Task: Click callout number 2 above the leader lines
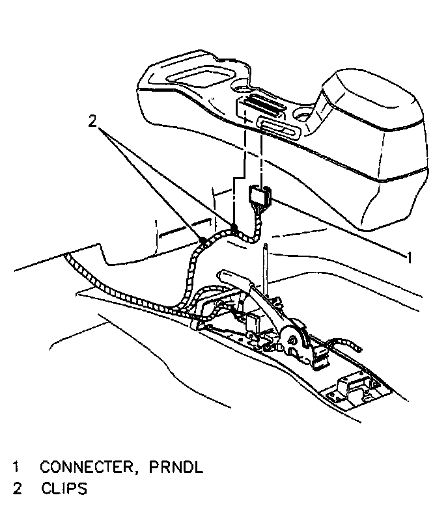coord(93,120)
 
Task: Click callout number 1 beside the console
coord(409,258)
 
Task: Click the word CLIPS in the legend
coord(64,488)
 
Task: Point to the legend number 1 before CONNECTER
coord(16,466)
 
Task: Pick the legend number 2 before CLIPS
coord(16,488)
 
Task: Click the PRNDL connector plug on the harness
coord(260,194)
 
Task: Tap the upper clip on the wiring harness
coord(232,228)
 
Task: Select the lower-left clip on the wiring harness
coord(203,241)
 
